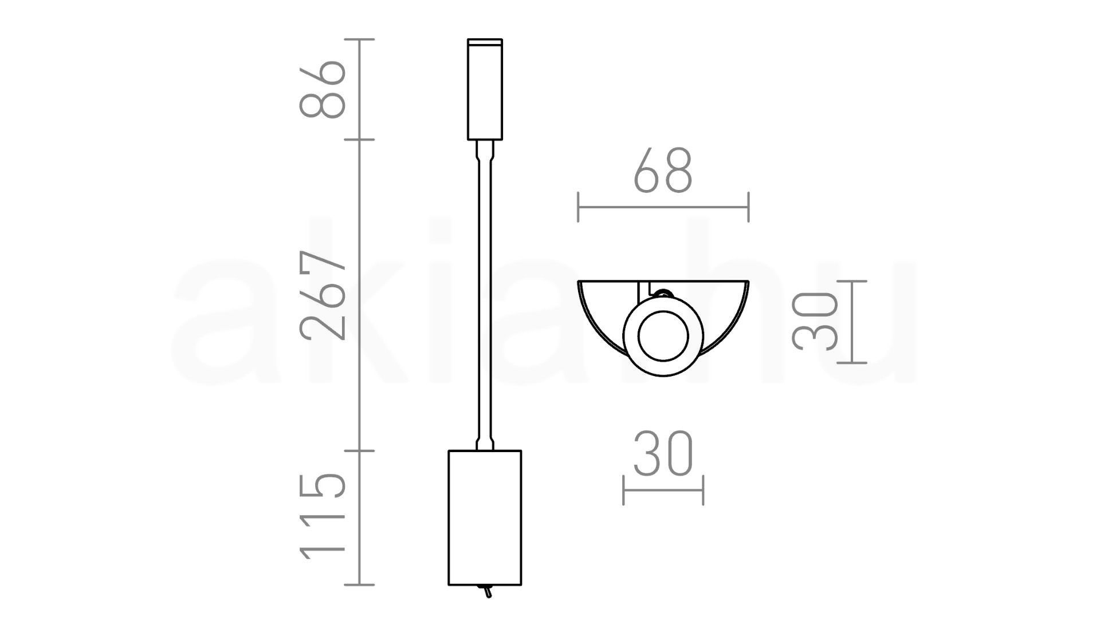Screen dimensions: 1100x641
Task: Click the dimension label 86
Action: tap(323, 89)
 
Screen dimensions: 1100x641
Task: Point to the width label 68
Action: tap(663, 170)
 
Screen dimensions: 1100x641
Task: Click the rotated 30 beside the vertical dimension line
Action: tap(814, 320)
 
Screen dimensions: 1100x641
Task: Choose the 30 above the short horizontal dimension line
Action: tap(663, 454)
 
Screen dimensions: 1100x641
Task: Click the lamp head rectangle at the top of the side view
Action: tap(485, 89)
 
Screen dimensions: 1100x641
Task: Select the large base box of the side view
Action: tap(485, 517)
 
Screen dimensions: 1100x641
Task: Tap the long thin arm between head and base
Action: tap(484, 295)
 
